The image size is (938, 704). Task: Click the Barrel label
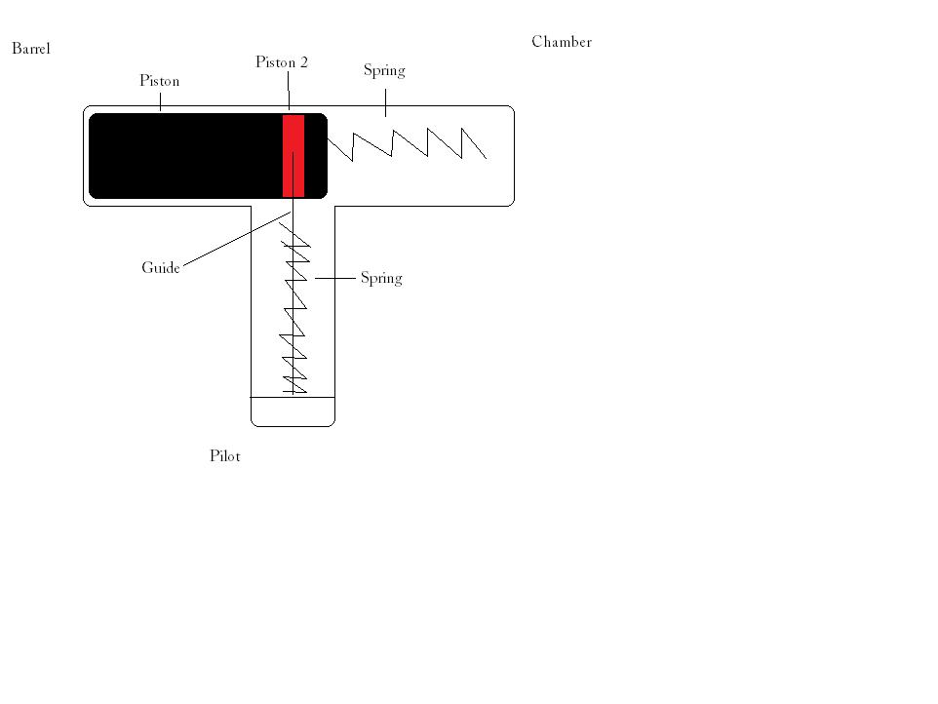(x=30, y=49)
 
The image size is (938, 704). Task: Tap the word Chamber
(x=562, y=42)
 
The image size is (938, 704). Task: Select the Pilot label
(x=224, y=456)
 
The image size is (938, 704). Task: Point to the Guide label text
(x=161, y=268)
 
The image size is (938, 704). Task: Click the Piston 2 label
(x=281, y=62)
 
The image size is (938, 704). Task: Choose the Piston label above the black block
(x=159, y=82)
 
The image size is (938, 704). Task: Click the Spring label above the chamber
(x=384, y=70)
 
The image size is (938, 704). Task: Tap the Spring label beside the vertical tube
(x=381, y=279)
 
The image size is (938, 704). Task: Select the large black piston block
(x=185, y=156)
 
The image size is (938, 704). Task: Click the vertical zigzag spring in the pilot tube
(x=294, y=312)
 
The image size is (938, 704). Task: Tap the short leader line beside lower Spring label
(x=334, y=279)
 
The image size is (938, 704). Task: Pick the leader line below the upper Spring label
(x=385, y=101)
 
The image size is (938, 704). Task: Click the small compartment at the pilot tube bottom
(x=293, y=411)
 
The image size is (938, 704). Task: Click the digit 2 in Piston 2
(x=303, y=62)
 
